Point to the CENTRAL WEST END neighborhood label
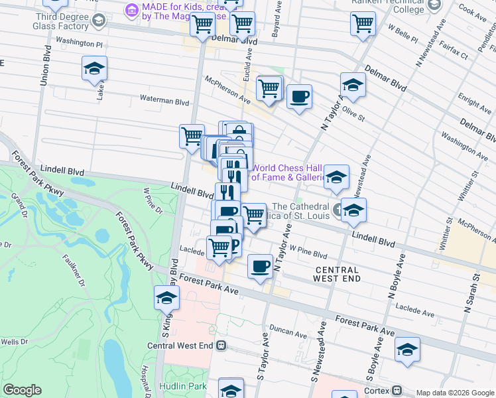click(x=337, y=274)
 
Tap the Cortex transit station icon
click(x=397, y=389)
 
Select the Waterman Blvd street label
click(x=164, y=101)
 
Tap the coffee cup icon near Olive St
click(x=299, y=98)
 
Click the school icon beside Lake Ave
click(x=94, y=68)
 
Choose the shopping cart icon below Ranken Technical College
click(x=363, y=24)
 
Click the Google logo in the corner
click(x=22, y=390)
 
